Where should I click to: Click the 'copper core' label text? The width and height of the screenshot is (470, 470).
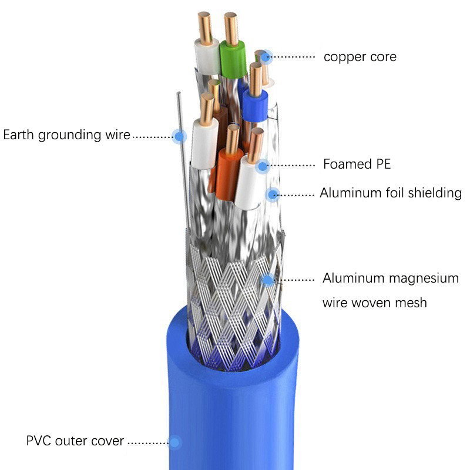click(x=360, y=57)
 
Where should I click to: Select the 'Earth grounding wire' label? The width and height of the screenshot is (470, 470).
click(x=66, y=135)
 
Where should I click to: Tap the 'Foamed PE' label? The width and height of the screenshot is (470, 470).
click(x=357, y=164)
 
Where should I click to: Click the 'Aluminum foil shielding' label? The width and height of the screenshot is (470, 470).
click(x=391, y=193)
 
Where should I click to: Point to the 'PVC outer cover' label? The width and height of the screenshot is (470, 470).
click(x=75, y=441)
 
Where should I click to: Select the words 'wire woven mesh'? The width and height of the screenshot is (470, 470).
click(x=374, y=303)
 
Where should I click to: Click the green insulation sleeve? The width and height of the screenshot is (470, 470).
click(x=233, y=59)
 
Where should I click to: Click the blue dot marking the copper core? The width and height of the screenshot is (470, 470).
click(x=267, y=56)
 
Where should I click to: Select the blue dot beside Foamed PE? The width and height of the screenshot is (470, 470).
click(x=262, y=166)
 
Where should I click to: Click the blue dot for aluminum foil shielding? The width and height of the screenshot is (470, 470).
click(x=272, y=194)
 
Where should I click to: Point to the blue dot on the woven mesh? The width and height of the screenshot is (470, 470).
click(x=268, y=280)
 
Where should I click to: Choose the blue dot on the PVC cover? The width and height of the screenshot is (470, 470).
click(x=174, y=442)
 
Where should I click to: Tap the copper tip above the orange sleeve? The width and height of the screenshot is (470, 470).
click(x=233, y=137)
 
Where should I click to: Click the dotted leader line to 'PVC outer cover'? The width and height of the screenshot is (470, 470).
click(x=147, y=442)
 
